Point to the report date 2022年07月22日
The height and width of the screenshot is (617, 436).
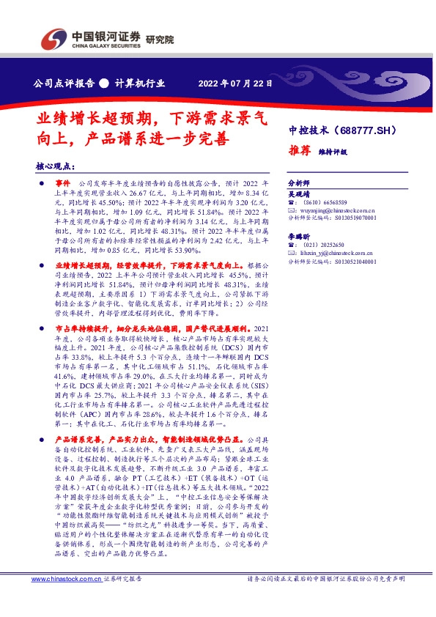235,84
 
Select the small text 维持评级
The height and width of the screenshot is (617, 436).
332,152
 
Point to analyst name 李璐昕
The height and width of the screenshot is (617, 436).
300,237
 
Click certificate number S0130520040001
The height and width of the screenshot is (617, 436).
351,261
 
